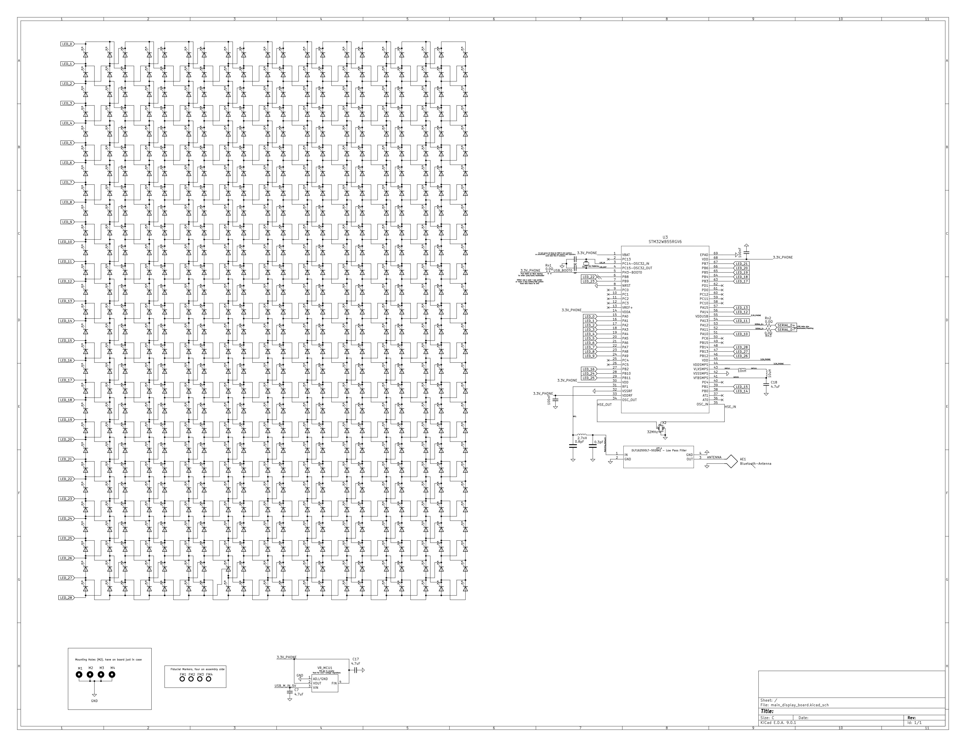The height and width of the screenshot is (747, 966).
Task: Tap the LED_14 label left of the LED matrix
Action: [66, 321]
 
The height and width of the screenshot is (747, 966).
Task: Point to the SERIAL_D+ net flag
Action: [786, 325]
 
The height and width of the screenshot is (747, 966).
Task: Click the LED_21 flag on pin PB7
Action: [742, 264]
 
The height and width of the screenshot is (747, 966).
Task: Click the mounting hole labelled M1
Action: [80, 675]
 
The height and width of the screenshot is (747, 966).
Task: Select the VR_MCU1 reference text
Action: [325, 668]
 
